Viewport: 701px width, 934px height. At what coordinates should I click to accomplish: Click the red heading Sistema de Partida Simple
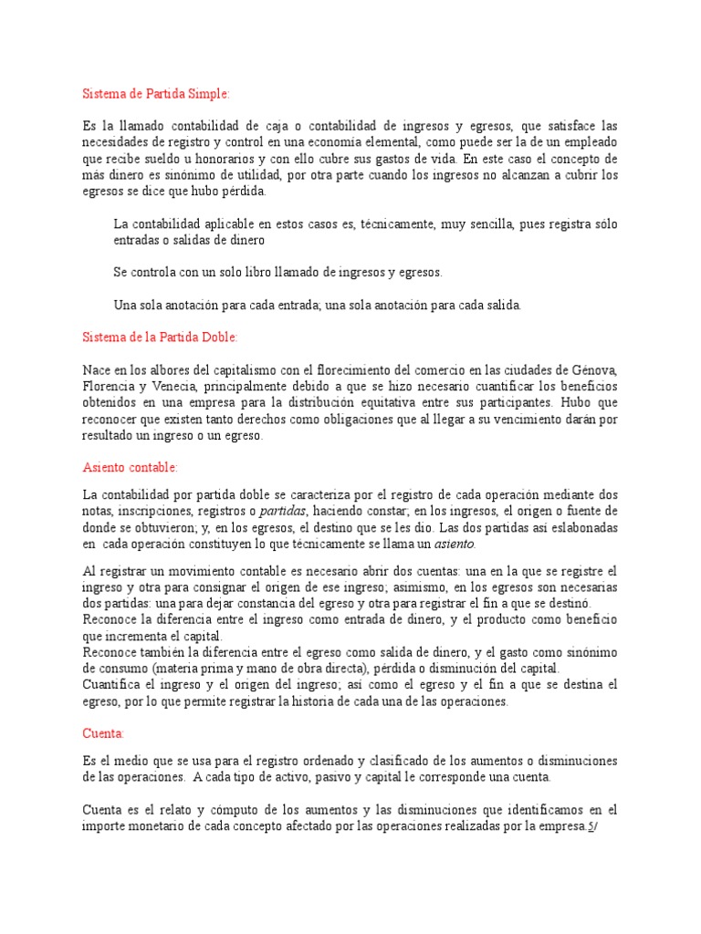[156, 93]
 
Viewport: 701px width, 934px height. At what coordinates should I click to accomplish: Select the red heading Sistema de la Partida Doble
[161, 337]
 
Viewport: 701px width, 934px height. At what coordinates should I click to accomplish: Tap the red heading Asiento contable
[131, 468]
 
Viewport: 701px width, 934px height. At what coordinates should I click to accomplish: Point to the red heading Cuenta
[103, 732]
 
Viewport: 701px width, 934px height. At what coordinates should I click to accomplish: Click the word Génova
[596, 369]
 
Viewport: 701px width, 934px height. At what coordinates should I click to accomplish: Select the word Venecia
[183, 386]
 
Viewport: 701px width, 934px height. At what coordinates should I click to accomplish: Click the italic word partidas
[286, 510]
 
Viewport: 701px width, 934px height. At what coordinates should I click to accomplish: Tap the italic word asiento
[454, 543]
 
